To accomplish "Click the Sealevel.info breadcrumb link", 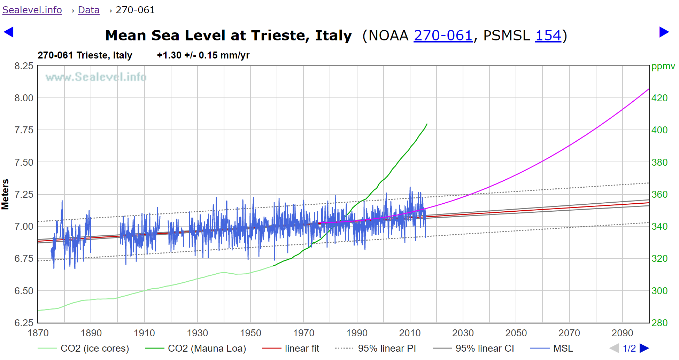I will point(32,10).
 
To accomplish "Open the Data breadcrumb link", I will point(88,10).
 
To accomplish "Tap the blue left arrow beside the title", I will point(8,32).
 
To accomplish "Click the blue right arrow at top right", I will point(664,32).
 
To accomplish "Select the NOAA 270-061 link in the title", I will point(443,36).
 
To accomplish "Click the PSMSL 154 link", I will point(548,36).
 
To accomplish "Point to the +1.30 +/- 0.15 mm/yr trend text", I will point(203,55).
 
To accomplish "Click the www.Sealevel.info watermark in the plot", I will point(96,77).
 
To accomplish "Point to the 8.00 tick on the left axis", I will point(24,98).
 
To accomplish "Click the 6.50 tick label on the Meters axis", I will point(24,291).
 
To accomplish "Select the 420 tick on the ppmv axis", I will point(659,98).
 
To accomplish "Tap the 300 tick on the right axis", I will point(659,291).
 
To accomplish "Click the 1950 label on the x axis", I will point(250,333).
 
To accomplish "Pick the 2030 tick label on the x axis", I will point(463,333).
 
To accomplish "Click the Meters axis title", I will point(5,194).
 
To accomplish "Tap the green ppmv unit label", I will point(663,66).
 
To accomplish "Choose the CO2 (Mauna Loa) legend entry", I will point(207,348).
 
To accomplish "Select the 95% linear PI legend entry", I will point(387,348).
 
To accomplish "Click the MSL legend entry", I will point(563,348).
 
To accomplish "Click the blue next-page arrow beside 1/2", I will point(645,348).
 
